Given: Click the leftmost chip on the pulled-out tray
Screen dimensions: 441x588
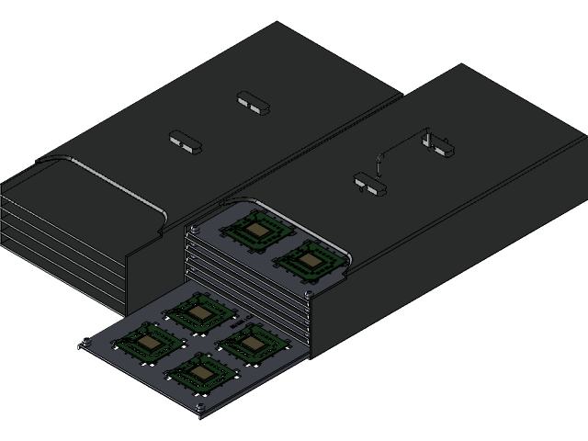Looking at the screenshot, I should pos(147,343).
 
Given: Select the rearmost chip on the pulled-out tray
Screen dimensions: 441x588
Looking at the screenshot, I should pos(198,312).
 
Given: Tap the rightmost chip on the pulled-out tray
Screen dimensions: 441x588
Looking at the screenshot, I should pos(249,344).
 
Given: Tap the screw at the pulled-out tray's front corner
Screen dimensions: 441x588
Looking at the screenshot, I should pos(199,406).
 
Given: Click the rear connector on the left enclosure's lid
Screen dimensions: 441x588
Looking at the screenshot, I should pos(254,102).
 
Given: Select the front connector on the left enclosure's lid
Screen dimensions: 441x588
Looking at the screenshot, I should pos(185,142).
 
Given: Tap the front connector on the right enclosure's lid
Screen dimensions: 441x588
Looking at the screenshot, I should pos(370,185).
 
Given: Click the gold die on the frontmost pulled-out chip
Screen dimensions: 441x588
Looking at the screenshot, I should pos(199,373).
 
